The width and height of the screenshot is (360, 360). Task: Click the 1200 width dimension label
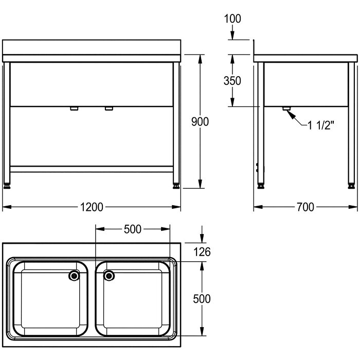[x=92, y=207]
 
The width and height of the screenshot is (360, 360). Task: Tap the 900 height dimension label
[x=200, y=122]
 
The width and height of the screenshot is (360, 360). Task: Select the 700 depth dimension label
[x=305, y=207]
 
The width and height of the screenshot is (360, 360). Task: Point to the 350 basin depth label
[x=232, y=81]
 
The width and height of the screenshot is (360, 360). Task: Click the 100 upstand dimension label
[x=232, y=19]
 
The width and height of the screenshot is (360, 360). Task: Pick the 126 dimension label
[x=202, y=252]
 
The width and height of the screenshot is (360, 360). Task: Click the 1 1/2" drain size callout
[x=320, y=125]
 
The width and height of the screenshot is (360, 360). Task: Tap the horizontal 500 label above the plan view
[x=133, y=229]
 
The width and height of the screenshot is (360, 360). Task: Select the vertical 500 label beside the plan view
[x=202, y=299]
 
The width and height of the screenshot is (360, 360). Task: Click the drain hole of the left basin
[x=74, y=276]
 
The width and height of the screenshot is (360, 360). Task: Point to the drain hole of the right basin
[x=109, y=276]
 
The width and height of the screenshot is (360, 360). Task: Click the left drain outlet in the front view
[x=74, y=109]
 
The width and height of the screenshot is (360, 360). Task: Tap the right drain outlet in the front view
[x=109, y=109]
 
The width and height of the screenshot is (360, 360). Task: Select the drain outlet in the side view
[x=286, y=109]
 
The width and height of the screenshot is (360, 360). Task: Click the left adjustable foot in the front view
[x=7, y=186]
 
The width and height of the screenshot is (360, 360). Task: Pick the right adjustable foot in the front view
[x=176, y=186]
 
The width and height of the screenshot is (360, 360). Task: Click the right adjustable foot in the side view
[x=351, y=186]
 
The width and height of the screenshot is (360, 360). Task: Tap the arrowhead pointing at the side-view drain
[x=291, y=114]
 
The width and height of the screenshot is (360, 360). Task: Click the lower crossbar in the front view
[x=92, y=169]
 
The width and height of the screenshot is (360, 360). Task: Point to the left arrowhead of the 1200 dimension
[x=7, y=207]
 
